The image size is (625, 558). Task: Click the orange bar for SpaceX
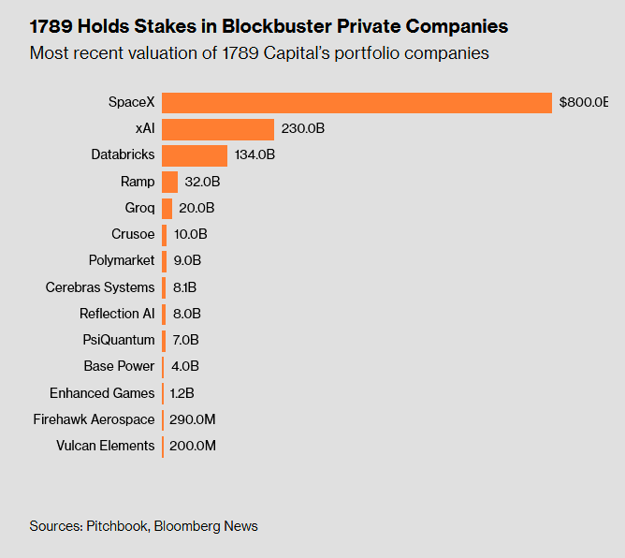pos(356,102)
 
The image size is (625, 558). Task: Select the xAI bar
pos(218,129)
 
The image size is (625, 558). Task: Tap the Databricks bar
pos(195,155)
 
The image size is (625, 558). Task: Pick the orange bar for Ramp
pos(169,182)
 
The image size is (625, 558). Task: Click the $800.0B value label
pos(584,102)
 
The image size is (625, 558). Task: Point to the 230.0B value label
pos(303,129)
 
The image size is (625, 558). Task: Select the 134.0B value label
pos(255,155)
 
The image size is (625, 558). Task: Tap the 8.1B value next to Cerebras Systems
pos(185,287)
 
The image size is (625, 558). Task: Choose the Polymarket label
pos(122,261)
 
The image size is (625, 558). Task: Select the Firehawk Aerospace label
pos(94,419)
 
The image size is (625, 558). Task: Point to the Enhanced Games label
pos(102,393)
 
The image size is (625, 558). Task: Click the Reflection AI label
pos(117,314)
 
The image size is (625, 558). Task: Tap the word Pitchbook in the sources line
pos(116,526)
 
